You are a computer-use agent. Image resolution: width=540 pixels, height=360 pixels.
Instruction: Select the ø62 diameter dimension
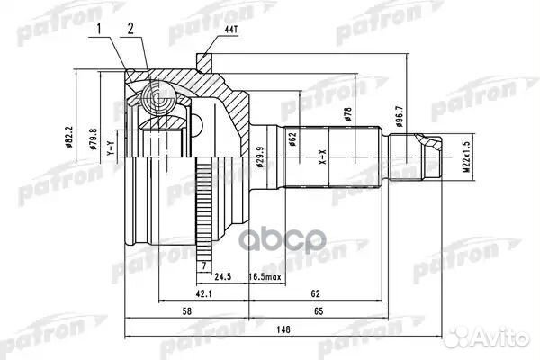point(292,136)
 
